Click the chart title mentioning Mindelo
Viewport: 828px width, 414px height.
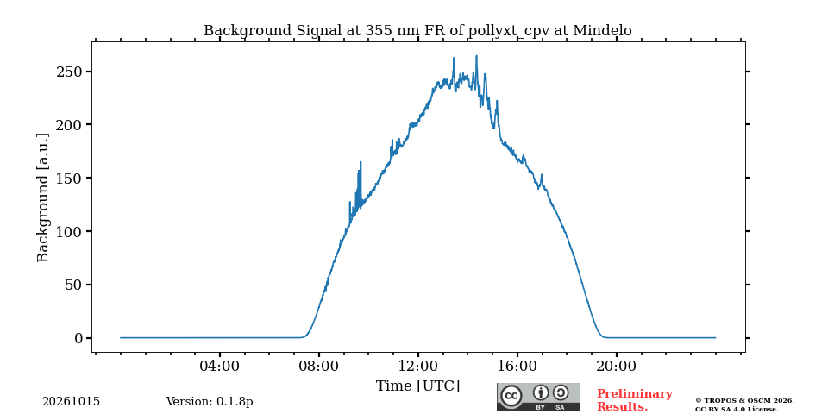(x=417, y=31)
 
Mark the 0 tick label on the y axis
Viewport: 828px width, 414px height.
(x=78, y=338)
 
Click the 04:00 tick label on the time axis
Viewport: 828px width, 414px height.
(x=220, y=366)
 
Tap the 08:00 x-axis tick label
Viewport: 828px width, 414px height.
(x=319, y=366)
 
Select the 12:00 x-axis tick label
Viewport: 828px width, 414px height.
(x=417, y=366)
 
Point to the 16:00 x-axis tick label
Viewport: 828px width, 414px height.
(x=517, y=366)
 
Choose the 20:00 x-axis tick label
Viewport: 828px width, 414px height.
(x=616, y=366)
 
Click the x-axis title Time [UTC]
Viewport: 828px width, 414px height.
(x=417, y=386)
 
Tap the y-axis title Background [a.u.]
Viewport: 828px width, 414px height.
(x=43, y=198)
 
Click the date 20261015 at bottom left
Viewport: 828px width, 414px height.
(x=71, y=402)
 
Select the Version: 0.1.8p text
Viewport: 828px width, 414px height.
(x=210, y=402)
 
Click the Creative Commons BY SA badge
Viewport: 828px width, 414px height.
(x=538, y=397)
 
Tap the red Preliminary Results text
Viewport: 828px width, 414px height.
(x=635, y=400)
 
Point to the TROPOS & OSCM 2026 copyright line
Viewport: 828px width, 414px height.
(x=744, y=401)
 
